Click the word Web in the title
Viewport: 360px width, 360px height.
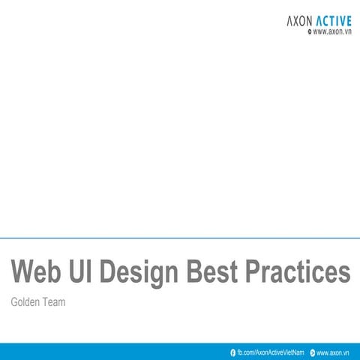coord(37,271)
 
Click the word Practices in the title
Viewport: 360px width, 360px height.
coord(301,271)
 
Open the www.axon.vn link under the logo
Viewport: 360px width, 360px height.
coord(333,33)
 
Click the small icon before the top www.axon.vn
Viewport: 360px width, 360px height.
coord(310,33)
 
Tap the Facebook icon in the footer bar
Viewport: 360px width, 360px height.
coord(233,352)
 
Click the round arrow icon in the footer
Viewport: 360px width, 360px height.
coord(313,352)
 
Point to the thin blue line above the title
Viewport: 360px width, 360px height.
coord(180,238)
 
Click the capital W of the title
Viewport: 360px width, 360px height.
coord(25,271)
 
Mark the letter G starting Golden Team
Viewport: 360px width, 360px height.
coord(14,303)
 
